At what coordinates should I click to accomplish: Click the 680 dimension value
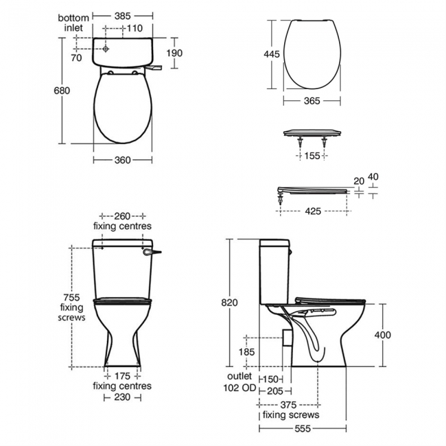[62, 91]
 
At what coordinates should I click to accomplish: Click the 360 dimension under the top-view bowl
[123, 160]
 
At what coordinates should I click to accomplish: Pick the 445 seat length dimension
[272, 55]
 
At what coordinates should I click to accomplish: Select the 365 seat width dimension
[312, 100]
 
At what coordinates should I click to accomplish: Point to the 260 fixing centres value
[123, 214]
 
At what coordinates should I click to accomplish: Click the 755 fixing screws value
[71, 297]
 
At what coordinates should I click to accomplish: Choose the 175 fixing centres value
[123, 375]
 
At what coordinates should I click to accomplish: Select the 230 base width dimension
[123, 397]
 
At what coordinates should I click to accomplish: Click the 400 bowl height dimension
[382, 335]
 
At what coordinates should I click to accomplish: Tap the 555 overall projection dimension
[302, 429]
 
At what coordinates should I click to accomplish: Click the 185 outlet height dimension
[246, 352]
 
